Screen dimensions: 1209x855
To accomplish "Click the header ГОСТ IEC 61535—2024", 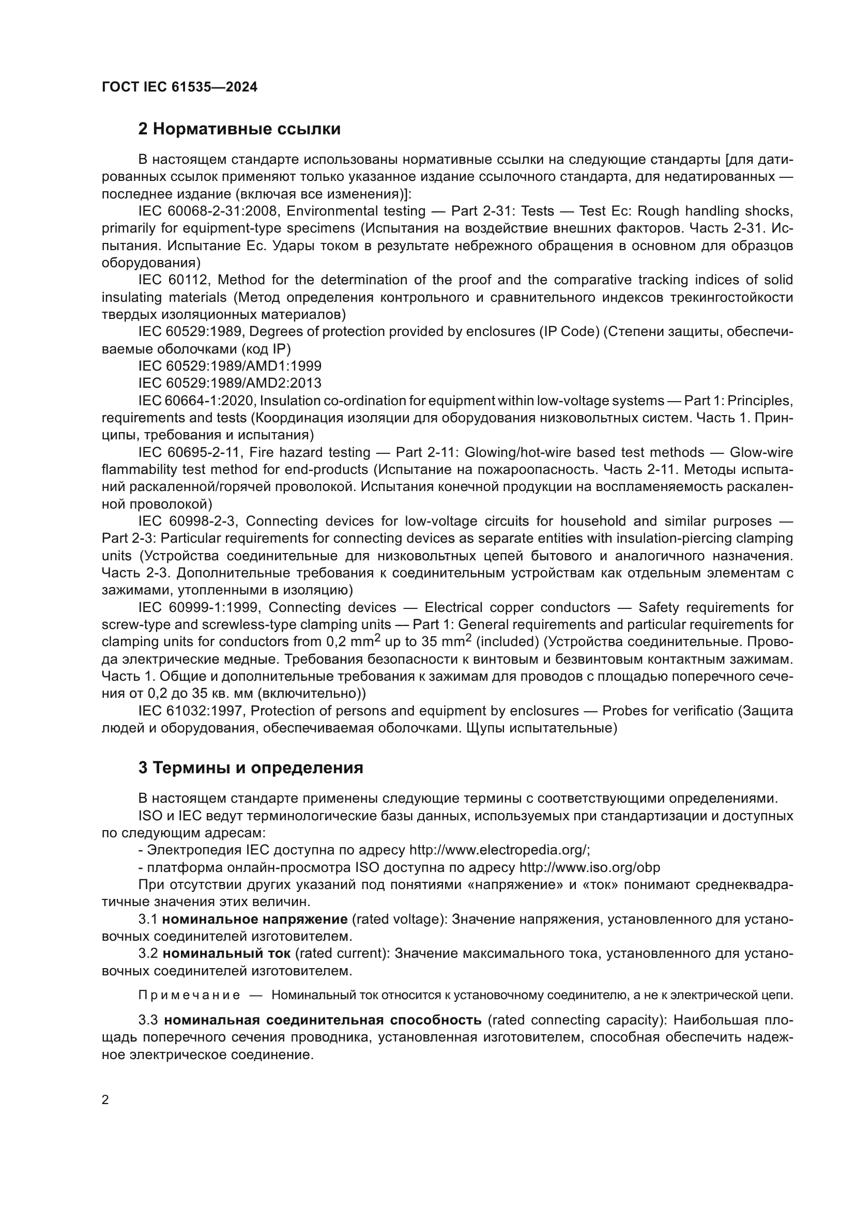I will [179, 87].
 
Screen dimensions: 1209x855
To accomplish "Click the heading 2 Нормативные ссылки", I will [239, 129].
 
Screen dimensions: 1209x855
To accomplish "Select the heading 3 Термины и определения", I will [251, 768].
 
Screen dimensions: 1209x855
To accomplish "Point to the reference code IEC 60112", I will [174, 280].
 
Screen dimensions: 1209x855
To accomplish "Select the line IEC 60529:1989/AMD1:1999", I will [230, 366].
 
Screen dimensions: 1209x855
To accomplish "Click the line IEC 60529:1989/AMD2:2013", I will [230, 383].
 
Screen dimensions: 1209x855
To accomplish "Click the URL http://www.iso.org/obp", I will [590, 867].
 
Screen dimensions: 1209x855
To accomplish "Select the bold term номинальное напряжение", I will [255, 919].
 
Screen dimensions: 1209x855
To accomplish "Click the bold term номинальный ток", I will [226, 953].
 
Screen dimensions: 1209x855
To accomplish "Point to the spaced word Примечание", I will [189, 995].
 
